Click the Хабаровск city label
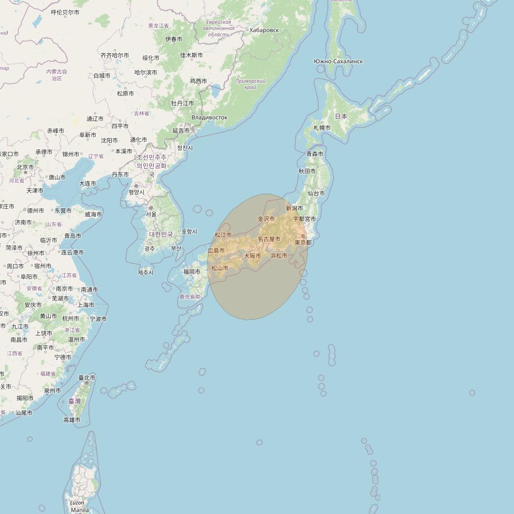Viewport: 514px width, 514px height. point(264,30)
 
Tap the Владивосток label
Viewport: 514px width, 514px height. point(209,118)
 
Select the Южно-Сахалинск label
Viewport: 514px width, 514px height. point(338,62)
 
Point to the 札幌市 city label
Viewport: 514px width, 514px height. point(322,128)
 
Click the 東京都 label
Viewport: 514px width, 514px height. point(303,242)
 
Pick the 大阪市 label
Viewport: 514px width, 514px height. point(252,256)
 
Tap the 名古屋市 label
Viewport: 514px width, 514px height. point(269,239)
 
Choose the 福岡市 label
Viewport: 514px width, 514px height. point(192,272)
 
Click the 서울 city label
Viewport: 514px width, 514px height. point(151,214)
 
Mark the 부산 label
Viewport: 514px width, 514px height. point(176,249)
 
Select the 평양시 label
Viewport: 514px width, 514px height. point(136,192)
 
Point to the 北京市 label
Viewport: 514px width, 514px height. point(25,167)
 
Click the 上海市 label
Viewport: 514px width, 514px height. point(86,305)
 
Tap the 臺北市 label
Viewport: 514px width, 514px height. point(87,378)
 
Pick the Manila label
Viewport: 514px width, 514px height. point(79,510)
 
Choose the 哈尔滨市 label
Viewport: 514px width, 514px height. point(146,73)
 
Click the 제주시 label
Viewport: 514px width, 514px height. point(146,273)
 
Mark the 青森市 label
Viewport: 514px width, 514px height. point(315,154)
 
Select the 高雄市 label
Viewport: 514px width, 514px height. point(72,420)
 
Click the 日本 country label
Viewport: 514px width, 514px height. point(341,116)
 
